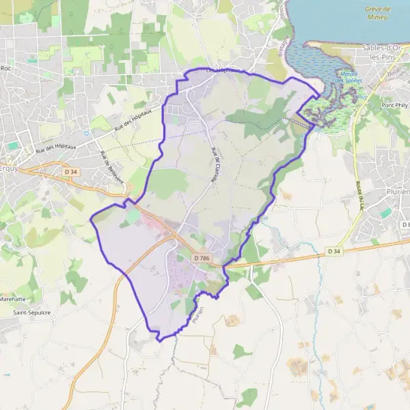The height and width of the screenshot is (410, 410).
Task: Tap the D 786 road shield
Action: click(x=201, y=258)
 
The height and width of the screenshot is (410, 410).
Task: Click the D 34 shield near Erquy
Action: click(x=68, y=172)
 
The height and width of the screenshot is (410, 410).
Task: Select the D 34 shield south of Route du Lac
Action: click(x=333, y=251)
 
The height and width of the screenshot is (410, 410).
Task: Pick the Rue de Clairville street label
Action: click(x=217, y=165)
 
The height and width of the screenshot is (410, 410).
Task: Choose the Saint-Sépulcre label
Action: click(x=31, y=312)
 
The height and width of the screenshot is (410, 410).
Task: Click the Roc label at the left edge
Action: click(x=7, y=68)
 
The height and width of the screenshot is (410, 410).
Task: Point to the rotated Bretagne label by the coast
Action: click(x=284, y=21)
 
